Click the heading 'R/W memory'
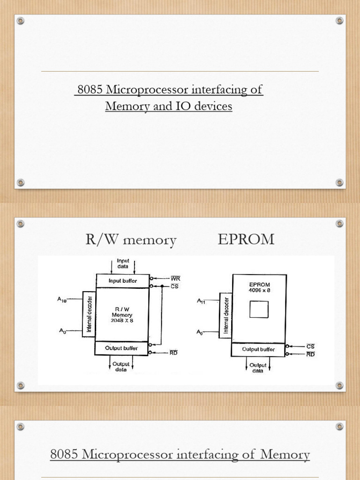[131, 240]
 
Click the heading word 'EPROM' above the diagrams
[246, 240]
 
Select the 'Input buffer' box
[122, 280]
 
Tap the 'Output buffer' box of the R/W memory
[121, 348]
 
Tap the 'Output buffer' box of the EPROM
[259, 349]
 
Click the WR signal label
[176, 278]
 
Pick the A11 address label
[201, 301]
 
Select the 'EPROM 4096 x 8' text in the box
[259, 287]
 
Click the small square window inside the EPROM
[259, 309]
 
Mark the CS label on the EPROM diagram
[310, 346]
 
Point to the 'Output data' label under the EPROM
[258, 368]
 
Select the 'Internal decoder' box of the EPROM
[225, 315]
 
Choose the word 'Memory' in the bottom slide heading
[288, 454]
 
